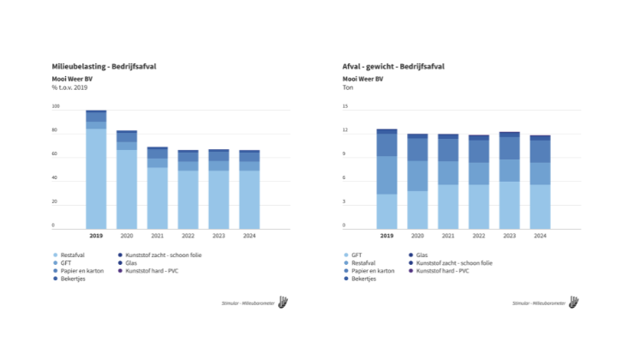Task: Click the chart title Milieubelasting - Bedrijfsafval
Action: click(x=110, y=66)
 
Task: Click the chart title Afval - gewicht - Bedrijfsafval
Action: click(x=393, y=66)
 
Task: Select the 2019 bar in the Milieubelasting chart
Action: click(x=96, y=171)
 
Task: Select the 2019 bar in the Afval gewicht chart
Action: click(x=386, y=180)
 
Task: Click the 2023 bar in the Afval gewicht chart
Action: click(x=509, y=182)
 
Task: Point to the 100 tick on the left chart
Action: click(x=56, y=107)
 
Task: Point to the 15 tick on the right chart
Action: click(x=345, y=107)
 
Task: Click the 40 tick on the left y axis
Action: click(x=55, y=178)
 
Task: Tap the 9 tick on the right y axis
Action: click(x=345, y=154)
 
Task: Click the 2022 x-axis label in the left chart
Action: click(x=188, y=236)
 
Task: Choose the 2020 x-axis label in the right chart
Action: click(x=417, y=236)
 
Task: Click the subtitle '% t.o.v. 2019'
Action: click(x=70, y=87)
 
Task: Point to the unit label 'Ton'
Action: click(x=349, y=87)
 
